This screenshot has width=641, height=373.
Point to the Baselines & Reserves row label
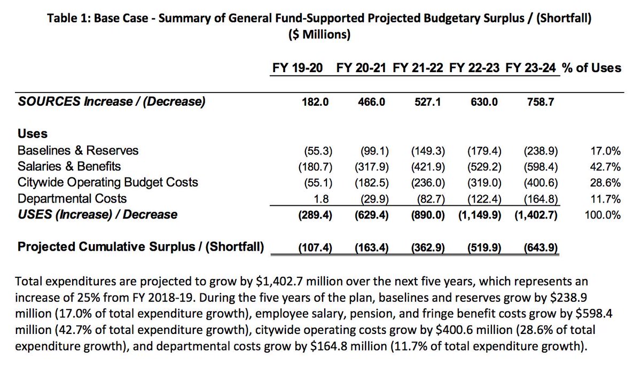pos(78,150)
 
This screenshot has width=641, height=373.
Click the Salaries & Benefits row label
pos(69,166)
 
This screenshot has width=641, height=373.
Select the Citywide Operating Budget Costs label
pos(107,182)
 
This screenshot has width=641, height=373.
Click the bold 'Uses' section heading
pos(33,134)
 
